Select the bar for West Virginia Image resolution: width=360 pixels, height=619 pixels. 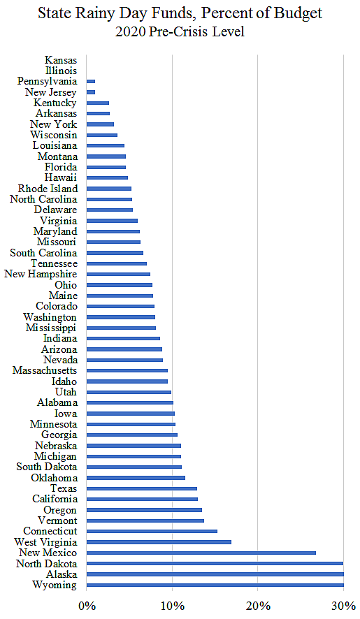point(159,541)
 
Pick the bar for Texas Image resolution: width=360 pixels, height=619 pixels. point(141,488)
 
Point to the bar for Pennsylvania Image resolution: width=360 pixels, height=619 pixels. point(90,82)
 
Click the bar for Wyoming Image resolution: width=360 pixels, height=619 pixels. point(215,585)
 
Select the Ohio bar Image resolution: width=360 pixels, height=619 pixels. point(119,285)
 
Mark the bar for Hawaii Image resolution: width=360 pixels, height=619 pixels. point(107,178)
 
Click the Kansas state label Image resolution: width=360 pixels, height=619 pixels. point(61,61)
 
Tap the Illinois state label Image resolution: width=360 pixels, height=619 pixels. point(62,71)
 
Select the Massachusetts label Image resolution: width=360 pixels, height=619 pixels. point(45,370)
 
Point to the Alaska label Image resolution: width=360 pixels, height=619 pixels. point(60,574)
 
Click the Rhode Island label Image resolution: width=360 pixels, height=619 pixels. point(48,189)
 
